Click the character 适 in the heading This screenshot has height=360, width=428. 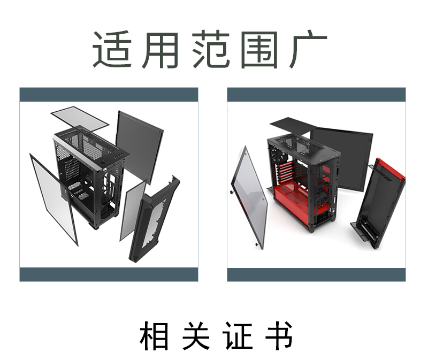tap(112, 50)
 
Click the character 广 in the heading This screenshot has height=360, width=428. tap(308, 50)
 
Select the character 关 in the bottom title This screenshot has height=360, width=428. tap(196, 335)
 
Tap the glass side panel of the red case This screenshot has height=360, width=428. tap(249, 195)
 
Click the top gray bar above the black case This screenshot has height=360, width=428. tap(109, 95)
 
